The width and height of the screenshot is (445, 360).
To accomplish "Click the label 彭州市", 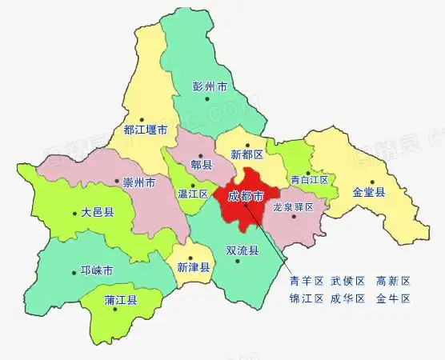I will pos(210,86).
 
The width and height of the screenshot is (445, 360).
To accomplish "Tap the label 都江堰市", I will pos(146,129).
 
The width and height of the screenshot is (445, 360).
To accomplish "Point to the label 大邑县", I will pos(98,214).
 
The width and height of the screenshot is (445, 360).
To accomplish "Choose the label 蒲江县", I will pos(121,301).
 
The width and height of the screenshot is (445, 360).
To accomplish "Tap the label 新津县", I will pos(193,267).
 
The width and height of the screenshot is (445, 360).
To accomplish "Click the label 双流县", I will pos(243,250).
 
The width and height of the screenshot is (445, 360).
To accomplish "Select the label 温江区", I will pos(193,194).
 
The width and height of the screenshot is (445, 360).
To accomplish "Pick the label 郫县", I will pos(202,165).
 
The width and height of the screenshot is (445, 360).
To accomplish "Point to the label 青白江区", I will pos(309,180).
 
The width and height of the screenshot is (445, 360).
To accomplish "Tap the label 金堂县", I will pos(369,192).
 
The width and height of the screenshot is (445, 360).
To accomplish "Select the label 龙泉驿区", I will pos(295,206).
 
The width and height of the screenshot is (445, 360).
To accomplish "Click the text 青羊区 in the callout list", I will pos(307,281).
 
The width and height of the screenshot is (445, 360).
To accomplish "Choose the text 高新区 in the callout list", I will pos(393,281).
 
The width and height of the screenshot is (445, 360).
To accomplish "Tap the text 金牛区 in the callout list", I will pos(393,298).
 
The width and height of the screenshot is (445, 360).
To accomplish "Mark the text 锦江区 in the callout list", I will pos(307,298).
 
